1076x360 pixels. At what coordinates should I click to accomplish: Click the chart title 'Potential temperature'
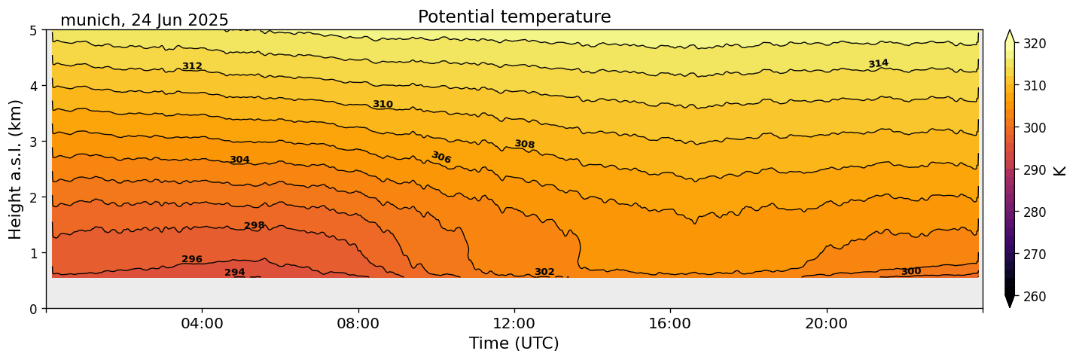(x=514, y=17)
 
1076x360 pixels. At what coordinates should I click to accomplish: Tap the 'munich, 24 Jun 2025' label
(x=144, y=20)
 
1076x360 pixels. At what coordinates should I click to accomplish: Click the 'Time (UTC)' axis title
(x=514, y=343)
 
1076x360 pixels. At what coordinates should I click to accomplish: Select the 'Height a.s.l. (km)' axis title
(x=16, y=169)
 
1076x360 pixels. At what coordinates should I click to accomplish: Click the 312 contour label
(x=192, y=66)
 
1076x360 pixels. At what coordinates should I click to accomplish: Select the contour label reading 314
(x=878, y=64)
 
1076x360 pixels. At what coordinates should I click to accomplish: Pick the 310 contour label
(x=383, y=104)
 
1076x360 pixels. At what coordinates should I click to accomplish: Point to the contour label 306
(x=441, y=157)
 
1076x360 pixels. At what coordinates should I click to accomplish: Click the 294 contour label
(x=235, y=273)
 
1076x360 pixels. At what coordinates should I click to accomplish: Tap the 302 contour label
(x=544, y=272)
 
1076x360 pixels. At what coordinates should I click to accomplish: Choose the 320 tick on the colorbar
(x=1034, y=44)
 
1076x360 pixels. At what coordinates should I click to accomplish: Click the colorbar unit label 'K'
(x=1060, y=169)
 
